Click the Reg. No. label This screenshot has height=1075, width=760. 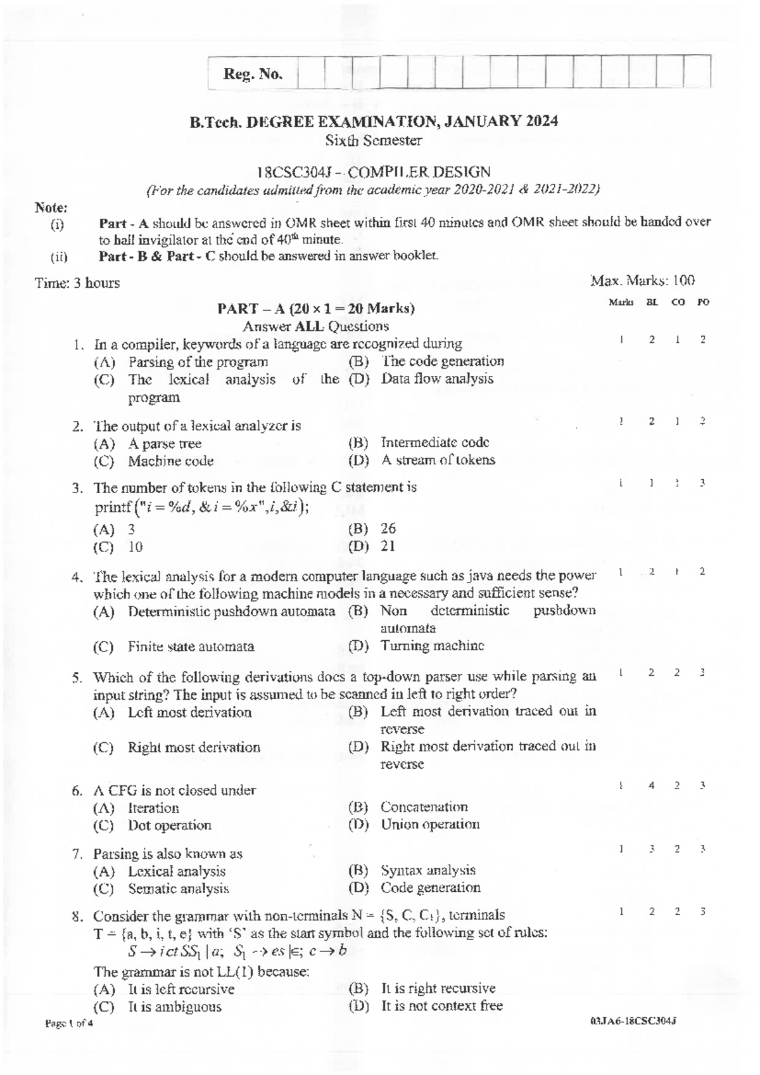[252, 74]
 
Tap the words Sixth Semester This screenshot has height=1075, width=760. [373, 140]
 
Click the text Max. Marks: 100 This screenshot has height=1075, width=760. [642, 280]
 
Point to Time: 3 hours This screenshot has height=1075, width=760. [77, 283]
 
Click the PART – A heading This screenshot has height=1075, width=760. [315, 309]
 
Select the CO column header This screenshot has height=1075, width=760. [678, 302]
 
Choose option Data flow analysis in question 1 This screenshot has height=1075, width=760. [437, 379]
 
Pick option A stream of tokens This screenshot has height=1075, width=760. [438, 460]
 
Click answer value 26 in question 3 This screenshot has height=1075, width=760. [388, 528]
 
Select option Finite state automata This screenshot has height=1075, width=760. [191, 647]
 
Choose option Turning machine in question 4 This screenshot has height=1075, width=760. [432, 645]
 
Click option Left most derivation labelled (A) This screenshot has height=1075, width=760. [189, 712]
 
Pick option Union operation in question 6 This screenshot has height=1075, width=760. [430, 825]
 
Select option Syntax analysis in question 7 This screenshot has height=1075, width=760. [427, 870]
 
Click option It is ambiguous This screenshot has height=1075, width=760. [174, 1007]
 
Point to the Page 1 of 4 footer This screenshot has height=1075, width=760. [69, 1024]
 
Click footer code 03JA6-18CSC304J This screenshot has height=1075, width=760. [633, 1022]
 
